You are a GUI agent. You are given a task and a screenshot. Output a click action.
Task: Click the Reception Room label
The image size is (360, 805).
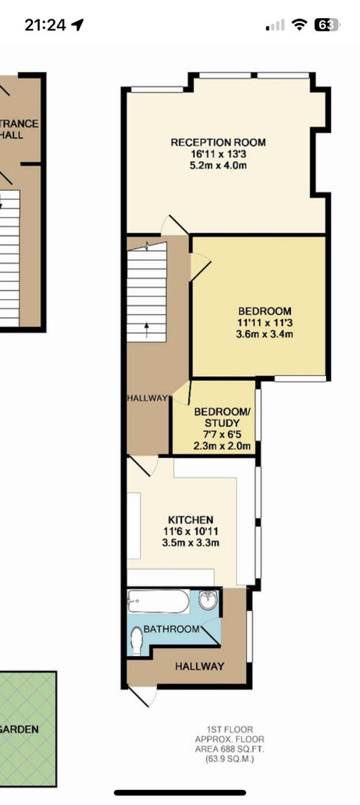(218, 143)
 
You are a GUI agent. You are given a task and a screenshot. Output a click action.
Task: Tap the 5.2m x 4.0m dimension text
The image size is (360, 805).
(218, 166)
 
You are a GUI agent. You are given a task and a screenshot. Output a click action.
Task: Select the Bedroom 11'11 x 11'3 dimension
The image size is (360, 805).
(264, 323)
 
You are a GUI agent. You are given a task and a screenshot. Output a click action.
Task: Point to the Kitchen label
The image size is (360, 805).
(191, 520)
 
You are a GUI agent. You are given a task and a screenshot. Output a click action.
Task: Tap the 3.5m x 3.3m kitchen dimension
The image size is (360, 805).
(191, 543)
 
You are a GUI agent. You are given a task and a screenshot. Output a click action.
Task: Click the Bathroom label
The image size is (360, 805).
(171, 629)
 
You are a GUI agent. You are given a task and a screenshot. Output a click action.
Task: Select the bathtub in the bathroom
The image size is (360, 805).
(158, 601)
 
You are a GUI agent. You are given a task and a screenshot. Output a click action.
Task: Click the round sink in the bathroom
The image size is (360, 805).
(209, 601)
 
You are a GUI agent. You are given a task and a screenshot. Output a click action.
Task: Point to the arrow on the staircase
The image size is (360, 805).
(146, 330)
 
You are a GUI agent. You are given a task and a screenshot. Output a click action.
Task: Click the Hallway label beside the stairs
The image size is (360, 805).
(148, 398)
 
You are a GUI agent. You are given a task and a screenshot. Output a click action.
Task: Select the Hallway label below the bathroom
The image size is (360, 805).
(199, 666)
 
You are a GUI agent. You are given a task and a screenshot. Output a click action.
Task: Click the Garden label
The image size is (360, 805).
(19, 729)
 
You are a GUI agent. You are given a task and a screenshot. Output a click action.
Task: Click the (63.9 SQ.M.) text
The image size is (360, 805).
(230, 758)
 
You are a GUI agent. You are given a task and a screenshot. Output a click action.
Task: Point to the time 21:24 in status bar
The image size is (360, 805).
(45, 24)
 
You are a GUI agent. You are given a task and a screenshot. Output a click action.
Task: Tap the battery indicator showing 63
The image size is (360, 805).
(327, 24)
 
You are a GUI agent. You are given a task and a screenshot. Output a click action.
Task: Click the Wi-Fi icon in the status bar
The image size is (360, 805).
(299, 24)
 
